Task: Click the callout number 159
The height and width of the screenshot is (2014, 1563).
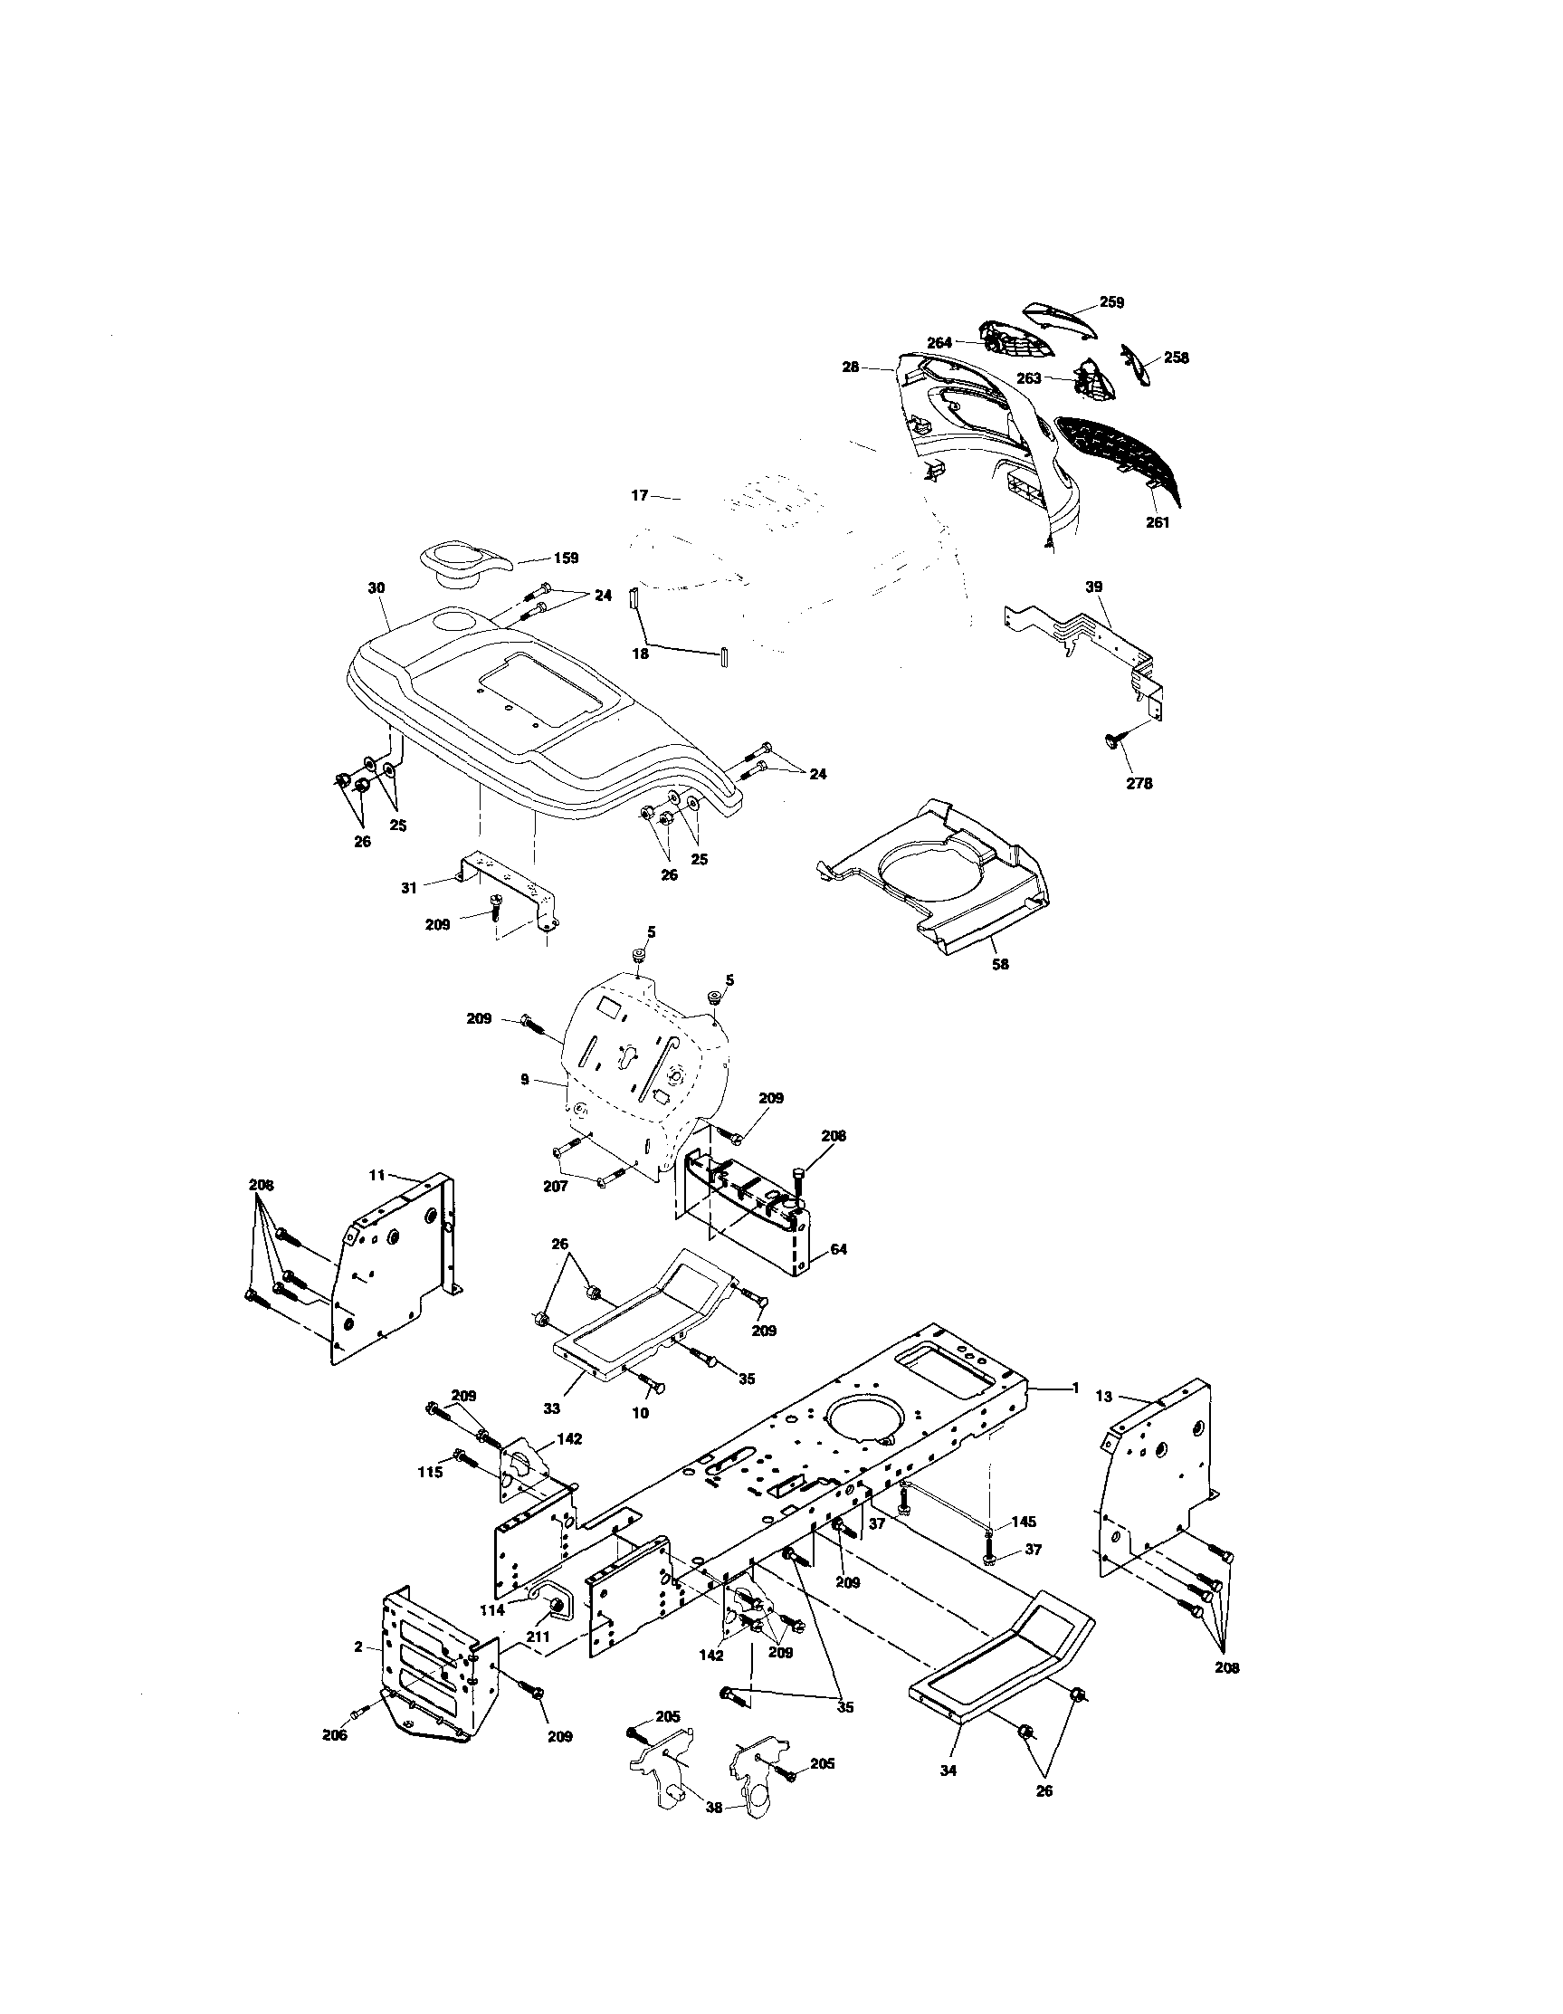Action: (566, 558)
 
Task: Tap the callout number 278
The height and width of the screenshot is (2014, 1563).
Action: (1139, 784)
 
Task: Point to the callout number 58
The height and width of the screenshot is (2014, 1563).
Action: (1000, 965)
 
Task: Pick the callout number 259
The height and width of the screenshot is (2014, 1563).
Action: (1112, 302)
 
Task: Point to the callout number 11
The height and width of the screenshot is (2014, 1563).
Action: (376, 1176)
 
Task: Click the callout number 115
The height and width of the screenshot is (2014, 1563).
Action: (430, 1472)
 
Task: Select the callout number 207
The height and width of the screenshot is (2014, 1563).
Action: (555, 1187)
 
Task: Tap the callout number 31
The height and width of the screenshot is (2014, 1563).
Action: (409, 888)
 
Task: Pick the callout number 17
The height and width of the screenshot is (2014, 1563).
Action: (640, 496)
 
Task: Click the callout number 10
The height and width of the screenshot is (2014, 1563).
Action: (640, 1438)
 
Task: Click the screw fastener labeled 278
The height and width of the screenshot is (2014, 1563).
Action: (1114, 740)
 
